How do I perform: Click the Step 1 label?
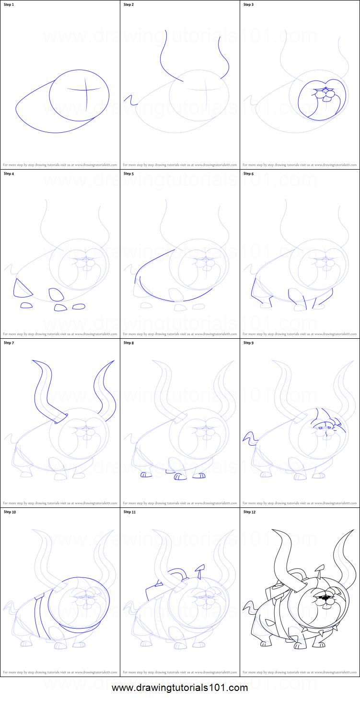coord(10,5)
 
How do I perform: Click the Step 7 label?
coord(10,343)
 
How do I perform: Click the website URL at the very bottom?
coord(180,688)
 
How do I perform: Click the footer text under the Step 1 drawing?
coord(60,164)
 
